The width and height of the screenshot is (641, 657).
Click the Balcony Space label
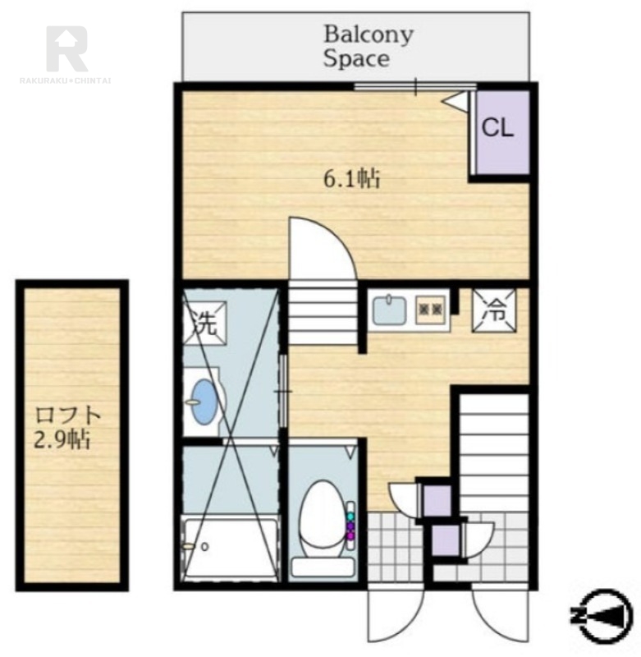pos(368,47)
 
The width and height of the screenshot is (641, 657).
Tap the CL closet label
pos(497,127)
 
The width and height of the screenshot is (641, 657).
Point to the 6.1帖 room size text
pos(352,179)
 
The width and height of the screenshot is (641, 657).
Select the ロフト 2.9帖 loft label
pos(67,427)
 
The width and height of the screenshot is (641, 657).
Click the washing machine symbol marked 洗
pos(204,322)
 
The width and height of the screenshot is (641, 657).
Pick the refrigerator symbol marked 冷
pos(494,311)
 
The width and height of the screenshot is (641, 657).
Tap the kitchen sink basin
pos(389,310)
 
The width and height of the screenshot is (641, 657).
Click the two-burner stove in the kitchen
pos(431,310)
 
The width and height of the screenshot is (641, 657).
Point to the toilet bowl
pos(322,519)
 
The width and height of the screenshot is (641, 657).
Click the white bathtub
pos(231,549)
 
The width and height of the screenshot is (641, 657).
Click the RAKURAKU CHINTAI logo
pos(66,54)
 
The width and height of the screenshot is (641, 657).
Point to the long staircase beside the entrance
pos(494,452)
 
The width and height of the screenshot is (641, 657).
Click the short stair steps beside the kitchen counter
pos(323,313)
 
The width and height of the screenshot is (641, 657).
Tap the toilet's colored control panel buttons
pos(350,526)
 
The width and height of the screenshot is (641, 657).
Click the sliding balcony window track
pos(415,87)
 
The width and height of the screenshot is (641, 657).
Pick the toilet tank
pos(323,567)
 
